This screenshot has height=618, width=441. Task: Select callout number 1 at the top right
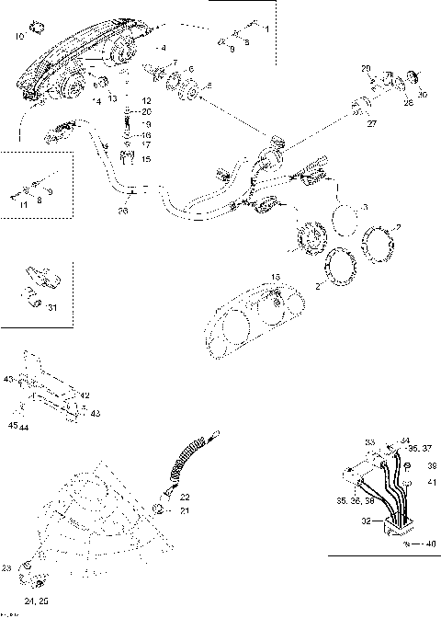coord(266,29)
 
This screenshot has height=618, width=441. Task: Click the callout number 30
coord(423,95)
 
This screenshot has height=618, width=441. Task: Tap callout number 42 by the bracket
coord(85,395)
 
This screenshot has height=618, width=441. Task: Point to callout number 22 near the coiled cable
coord(185,497)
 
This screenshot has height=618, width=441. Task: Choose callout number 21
coord(185,510)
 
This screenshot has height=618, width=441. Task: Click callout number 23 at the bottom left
coord(7,567)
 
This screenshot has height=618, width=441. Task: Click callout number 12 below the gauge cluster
coord(146,98)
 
